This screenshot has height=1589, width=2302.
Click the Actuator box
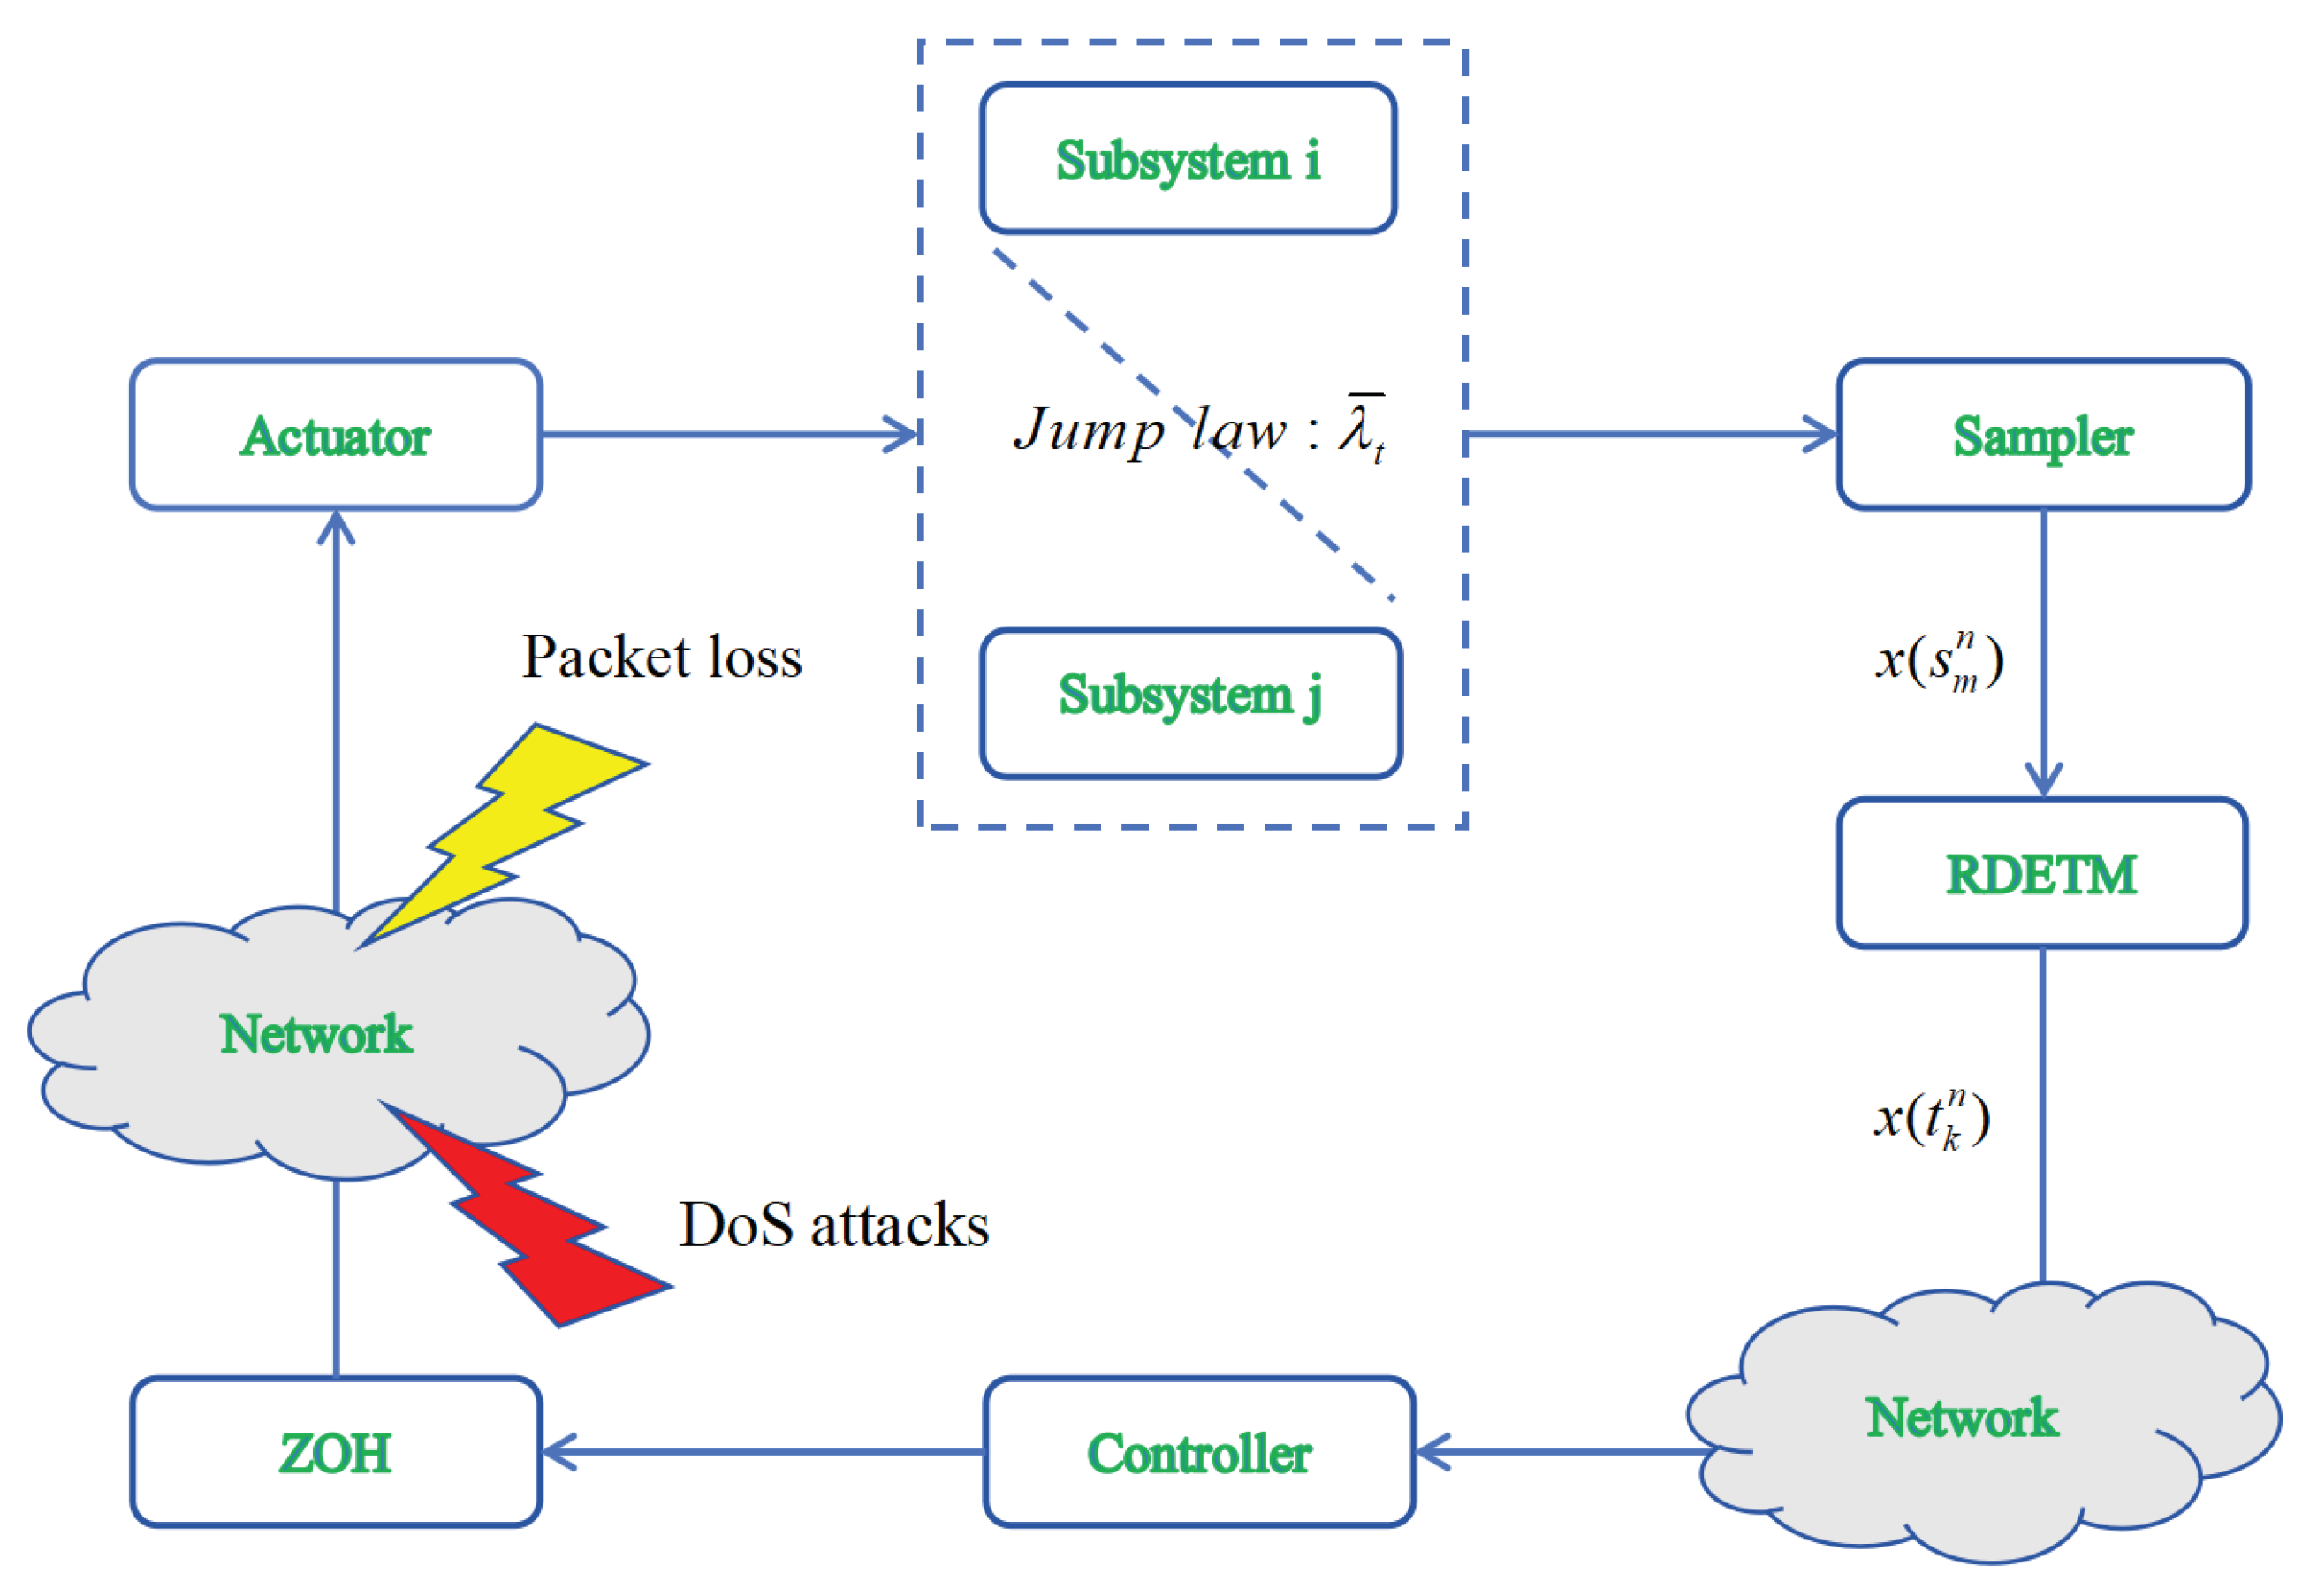(336, 435)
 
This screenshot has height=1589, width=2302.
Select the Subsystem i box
(1188, 159)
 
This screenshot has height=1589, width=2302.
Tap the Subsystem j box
(1190, 703)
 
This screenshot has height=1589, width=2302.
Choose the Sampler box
(2042, 435)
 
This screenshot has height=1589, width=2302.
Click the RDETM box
(2041, 873)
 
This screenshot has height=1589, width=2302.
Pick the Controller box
(1198, 1452)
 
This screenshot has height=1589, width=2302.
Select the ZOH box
(336, 1452)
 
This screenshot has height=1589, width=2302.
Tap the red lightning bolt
(528, 1225)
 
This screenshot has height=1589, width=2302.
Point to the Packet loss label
(662, 658)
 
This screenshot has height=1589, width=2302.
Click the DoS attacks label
(834, 1225)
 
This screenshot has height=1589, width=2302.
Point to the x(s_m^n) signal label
(1939, 659)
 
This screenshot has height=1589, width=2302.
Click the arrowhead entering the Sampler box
(1821, 435)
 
